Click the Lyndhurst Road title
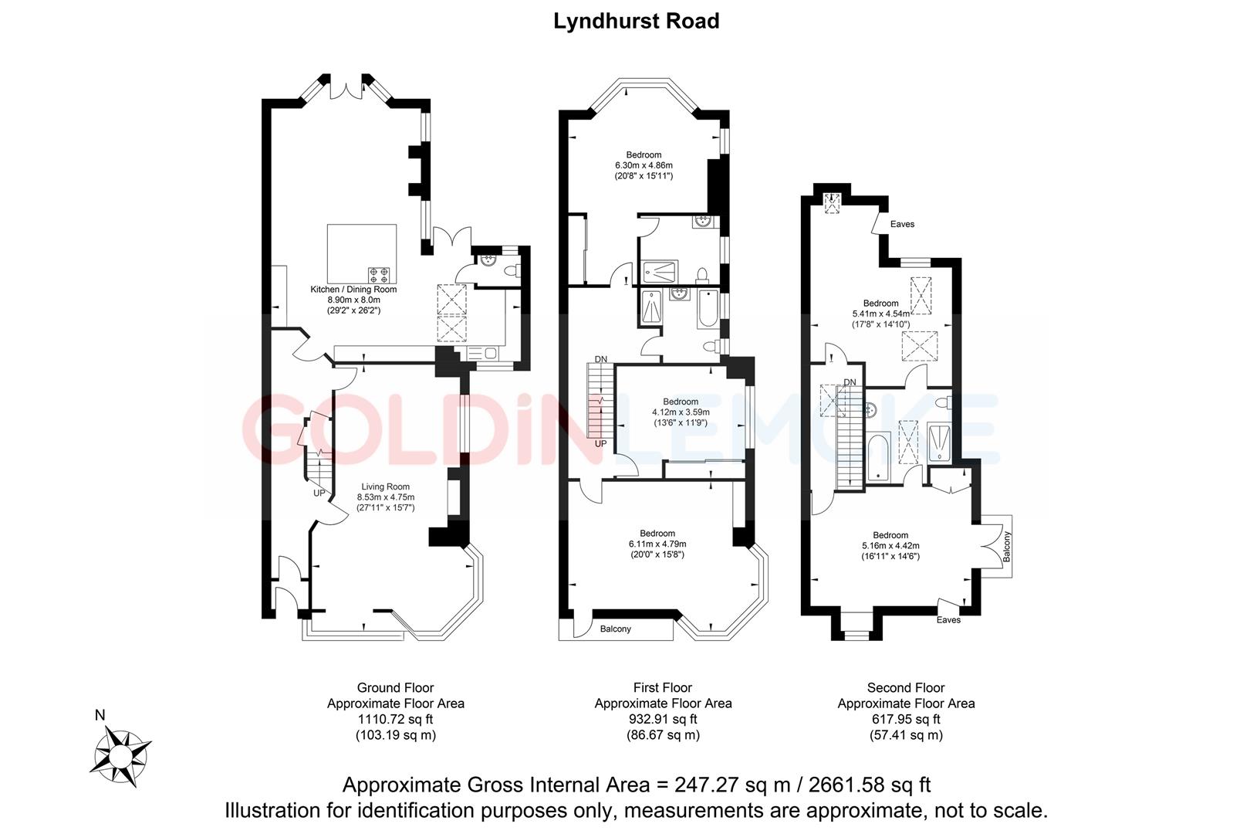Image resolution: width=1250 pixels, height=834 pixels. click(636, 21)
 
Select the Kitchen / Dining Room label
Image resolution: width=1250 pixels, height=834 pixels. click(353, 290)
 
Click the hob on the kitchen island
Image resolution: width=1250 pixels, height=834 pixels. click(380, 273)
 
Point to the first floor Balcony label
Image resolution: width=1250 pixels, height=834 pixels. click(615, 629)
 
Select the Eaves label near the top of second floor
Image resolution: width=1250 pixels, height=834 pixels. click(902, 224)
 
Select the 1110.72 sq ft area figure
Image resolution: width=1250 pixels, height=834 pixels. click(395, 719)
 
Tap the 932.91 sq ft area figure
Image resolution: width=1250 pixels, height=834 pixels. click(663, 719)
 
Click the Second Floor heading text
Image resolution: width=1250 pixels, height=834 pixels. click(905, 687)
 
